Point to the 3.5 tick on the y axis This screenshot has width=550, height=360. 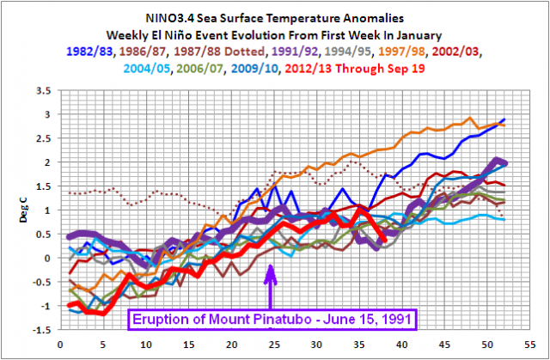40,89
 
